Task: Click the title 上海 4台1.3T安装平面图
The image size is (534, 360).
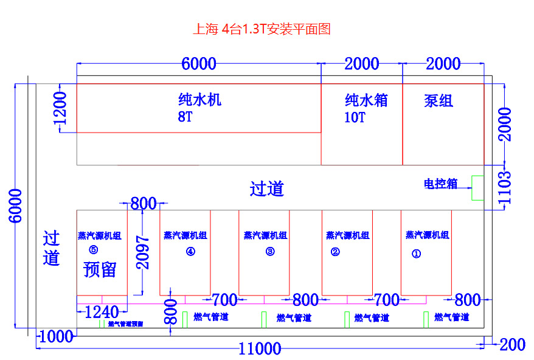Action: point(262,29)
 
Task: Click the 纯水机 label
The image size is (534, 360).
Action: point(199,100)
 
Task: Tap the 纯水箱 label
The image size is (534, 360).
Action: point(366,100)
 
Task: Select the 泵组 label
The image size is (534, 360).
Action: point(439,101)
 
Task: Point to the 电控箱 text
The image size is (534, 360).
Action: point(440,184)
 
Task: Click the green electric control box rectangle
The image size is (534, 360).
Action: point(478,188)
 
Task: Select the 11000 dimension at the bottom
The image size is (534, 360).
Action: point(260,348)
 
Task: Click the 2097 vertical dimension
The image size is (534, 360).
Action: point(142,252)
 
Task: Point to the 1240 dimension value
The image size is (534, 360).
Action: point(102,313)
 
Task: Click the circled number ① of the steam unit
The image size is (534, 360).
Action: point(416,255)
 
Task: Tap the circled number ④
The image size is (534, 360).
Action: point(190,252)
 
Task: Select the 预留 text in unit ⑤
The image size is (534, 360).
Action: point(100,269)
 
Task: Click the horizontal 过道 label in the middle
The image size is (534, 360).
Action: point(267,189)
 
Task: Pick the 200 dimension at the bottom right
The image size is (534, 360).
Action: point(512,345)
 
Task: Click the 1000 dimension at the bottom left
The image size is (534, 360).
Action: point(55,336)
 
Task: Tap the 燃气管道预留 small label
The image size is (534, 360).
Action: point(126,324)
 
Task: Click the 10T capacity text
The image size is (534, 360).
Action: point(355,118)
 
